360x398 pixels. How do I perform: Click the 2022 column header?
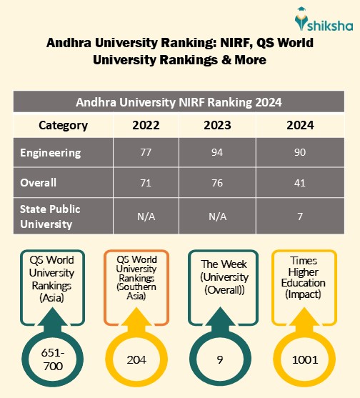pos(146,126)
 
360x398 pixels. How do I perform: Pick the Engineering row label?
pos(50,153)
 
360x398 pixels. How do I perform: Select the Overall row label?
pos(39,183)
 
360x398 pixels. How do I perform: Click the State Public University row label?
pos(50,216)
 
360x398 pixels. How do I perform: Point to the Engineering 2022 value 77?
pos(146,153)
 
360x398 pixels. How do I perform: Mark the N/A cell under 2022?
pos(146,216)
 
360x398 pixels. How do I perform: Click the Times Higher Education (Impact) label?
pos(304,277)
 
